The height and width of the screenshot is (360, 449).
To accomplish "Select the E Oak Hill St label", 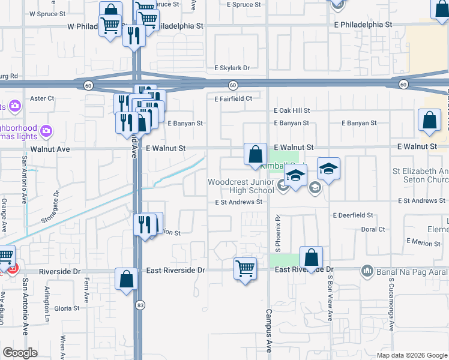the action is pyautogui.click(x=292, y=110).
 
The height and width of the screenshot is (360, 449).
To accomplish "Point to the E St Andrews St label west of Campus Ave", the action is pyautogui.click(x=239, y=202).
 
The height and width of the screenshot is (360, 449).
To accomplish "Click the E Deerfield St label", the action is pyautogui.click(x=353, y=215).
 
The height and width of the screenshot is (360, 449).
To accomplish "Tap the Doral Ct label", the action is pyautogui.click(x=373, y=229).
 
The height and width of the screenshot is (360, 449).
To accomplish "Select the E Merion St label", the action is pyautogui.click(x=423, y=241).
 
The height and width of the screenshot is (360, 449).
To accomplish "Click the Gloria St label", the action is pyautogui.click(x=67, y=308).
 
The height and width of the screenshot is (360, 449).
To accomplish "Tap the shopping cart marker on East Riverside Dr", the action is pyautogui.click(x=245, y=268).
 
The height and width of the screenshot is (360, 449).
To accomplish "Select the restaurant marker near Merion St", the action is pyautogui.click(x=145, y=224).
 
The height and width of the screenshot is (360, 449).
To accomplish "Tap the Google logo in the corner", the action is pyautogui.click(x=20, y=352).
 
